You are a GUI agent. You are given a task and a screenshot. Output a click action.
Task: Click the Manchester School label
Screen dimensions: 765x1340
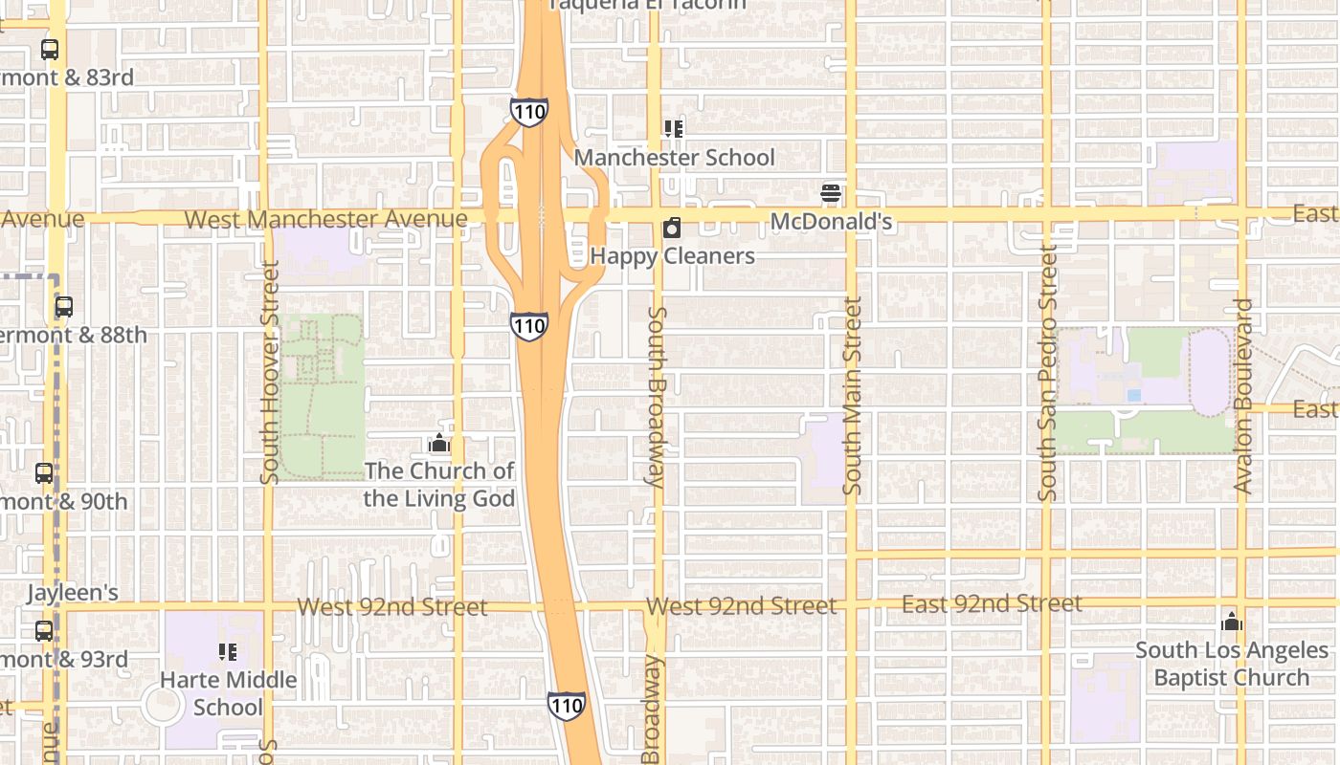[x=674, y=158]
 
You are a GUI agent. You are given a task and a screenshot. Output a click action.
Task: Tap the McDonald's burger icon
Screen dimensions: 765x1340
[x=831, y=193]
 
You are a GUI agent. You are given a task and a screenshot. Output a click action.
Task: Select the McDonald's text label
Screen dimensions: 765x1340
[x=831, y=222]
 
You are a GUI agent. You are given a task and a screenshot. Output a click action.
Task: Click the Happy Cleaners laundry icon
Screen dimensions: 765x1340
[x=672, y=228]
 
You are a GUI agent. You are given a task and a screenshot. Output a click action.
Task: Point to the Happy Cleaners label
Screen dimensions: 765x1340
[x=672, y=256]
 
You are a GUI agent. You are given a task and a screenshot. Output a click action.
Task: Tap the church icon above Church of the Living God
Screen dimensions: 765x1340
[x=439, y=443]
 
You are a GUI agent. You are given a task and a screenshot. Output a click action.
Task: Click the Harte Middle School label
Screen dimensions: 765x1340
[x=228, y=693]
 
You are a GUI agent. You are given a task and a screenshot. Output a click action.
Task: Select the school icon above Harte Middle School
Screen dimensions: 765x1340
[x=228, y=652]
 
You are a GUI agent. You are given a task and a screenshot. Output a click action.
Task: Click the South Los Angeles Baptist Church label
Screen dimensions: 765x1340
[x=1232, y=664]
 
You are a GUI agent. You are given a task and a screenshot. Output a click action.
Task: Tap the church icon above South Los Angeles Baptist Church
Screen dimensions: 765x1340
[x=1232, y=622]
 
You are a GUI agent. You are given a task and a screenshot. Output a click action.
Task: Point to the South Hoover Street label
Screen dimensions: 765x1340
[x=270, y=373]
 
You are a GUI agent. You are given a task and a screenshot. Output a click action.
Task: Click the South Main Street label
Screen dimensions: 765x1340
[x=853, y=395]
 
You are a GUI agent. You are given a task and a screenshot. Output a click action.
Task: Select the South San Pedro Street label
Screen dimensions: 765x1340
[x=1048, y=373]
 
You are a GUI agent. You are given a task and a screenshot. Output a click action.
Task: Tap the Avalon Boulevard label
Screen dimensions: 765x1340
[x=1243, y=396]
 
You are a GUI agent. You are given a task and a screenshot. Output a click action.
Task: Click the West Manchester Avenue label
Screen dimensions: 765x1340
[x=325, y=219]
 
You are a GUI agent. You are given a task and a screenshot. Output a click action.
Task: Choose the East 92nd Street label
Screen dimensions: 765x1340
[x=992, y=604]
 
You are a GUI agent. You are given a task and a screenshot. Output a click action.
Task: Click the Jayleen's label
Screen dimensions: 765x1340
[x=73, y=593]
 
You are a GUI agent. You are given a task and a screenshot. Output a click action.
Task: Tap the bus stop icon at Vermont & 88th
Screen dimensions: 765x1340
[x=64, y=307]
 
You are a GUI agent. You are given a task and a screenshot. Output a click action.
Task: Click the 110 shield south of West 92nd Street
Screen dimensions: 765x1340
[x=567, y=706]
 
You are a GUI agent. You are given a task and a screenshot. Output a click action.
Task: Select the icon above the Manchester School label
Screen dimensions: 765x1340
[x=674, y=128]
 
